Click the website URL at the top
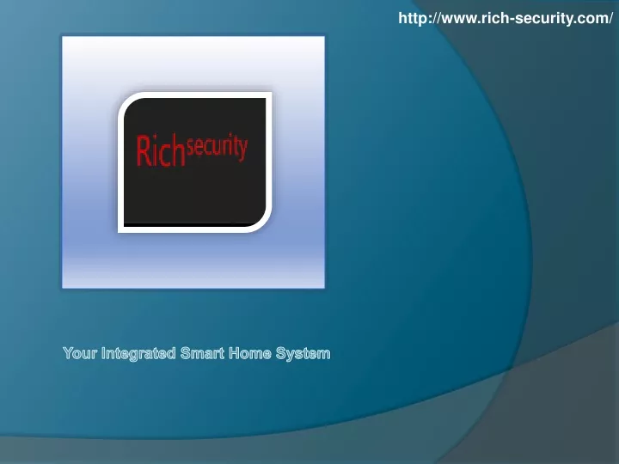pos(506,19)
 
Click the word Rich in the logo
pos(161,150)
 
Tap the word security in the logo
pos(218,148)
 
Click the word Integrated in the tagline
pos(138,354)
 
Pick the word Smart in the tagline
pos(202,353)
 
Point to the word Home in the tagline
pos(250,353)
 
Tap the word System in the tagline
pos(303,354)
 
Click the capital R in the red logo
pos(143,150)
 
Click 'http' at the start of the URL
pos(411,19)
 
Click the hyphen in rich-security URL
pos(512,20)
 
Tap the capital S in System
pos(281,353)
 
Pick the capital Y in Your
pos(69,353)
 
